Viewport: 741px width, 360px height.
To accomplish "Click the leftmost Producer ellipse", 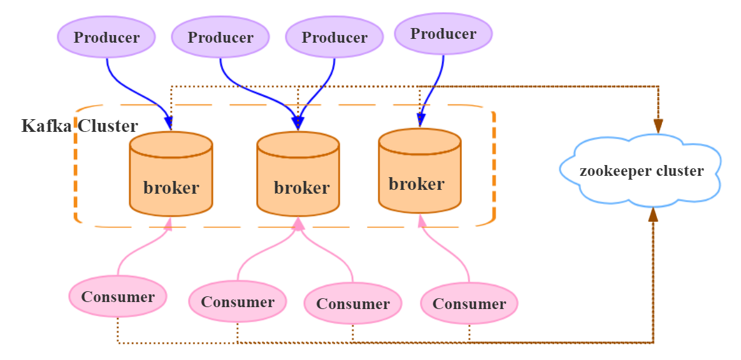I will pyautogui.click(x=106, y=37).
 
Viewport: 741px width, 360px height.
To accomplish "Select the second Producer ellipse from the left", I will pyautogui.click(x=220, y=37).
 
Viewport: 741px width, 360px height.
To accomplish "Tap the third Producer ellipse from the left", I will pyautogui.click(x=335, y=37).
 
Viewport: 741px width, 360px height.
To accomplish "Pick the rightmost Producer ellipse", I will pyautogui.click(x=443, y=34).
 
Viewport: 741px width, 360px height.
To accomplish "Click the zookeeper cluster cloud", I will pyautogui.click(x=641, y=171).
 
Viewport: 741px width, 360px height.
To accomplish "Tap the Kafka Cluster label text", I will pyautogui.click(x=80, y=126).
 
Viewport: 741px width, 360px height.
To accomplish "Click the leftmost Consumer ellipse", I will pyautogui.click(x=118, y=296).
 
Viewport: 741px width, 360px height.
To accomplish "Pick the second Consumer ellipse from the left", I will pyautogui.click(x=238, y=301).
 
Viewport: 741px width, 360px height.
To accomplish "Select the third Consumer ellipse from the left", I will pyautogui.click(x=353, y=304).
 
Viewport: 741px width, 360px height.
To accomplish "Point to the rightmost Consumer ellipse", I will pyautogui.click(x=469, y=304).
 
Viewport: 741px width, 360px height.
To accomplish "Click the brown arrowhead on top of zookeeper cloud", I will pyautogui.click(x=658, y=126).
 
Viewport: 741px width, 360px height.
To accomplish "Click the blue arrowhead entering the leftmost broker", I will pyautogui.click(x=169, y=123).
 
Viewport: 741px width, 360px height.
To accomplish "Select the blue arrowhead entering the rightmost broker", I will pyautogui.click(x=421, y=120).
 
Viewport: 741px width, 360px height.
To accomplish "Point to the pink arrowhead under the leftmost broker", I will pyautogui.click(x=169, y=224).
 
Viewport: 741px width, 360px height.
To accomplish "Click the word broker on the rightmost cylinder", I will pyautogui.click(x=417, y=184).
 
